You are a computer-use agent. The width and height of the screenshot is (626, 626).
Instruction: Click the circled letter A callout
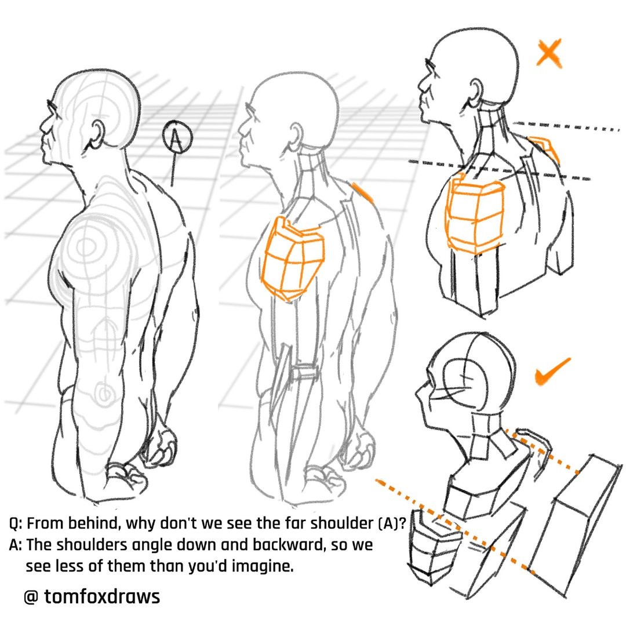click(177, 137)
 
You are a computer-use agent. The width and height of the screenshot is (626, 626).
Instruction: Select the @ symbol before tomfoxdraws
click(31, 597)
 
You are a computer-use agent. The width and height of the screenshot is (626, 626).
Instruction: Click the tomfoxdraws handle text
click(102, 596)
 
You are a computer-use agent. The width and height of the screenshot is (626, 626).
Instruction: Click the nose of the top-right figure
click(421, 85)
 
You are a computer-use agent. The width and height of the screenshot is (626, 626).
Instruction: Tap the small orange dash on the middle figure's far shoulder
click(362, 192)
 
